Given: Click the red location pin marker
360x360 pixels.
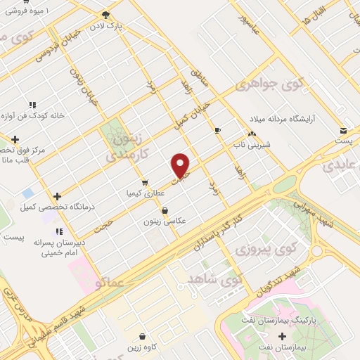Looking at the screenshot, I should [x=181, y=165].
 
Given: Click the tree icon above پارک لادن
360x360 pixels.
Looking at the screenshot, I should [x=105, y=14].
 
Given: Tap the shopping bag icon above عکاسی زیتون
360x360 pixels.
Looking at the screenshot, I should [x=165, y=210].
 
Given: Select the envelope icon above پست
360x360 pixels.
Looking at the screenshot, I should [x=343, y=131].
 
